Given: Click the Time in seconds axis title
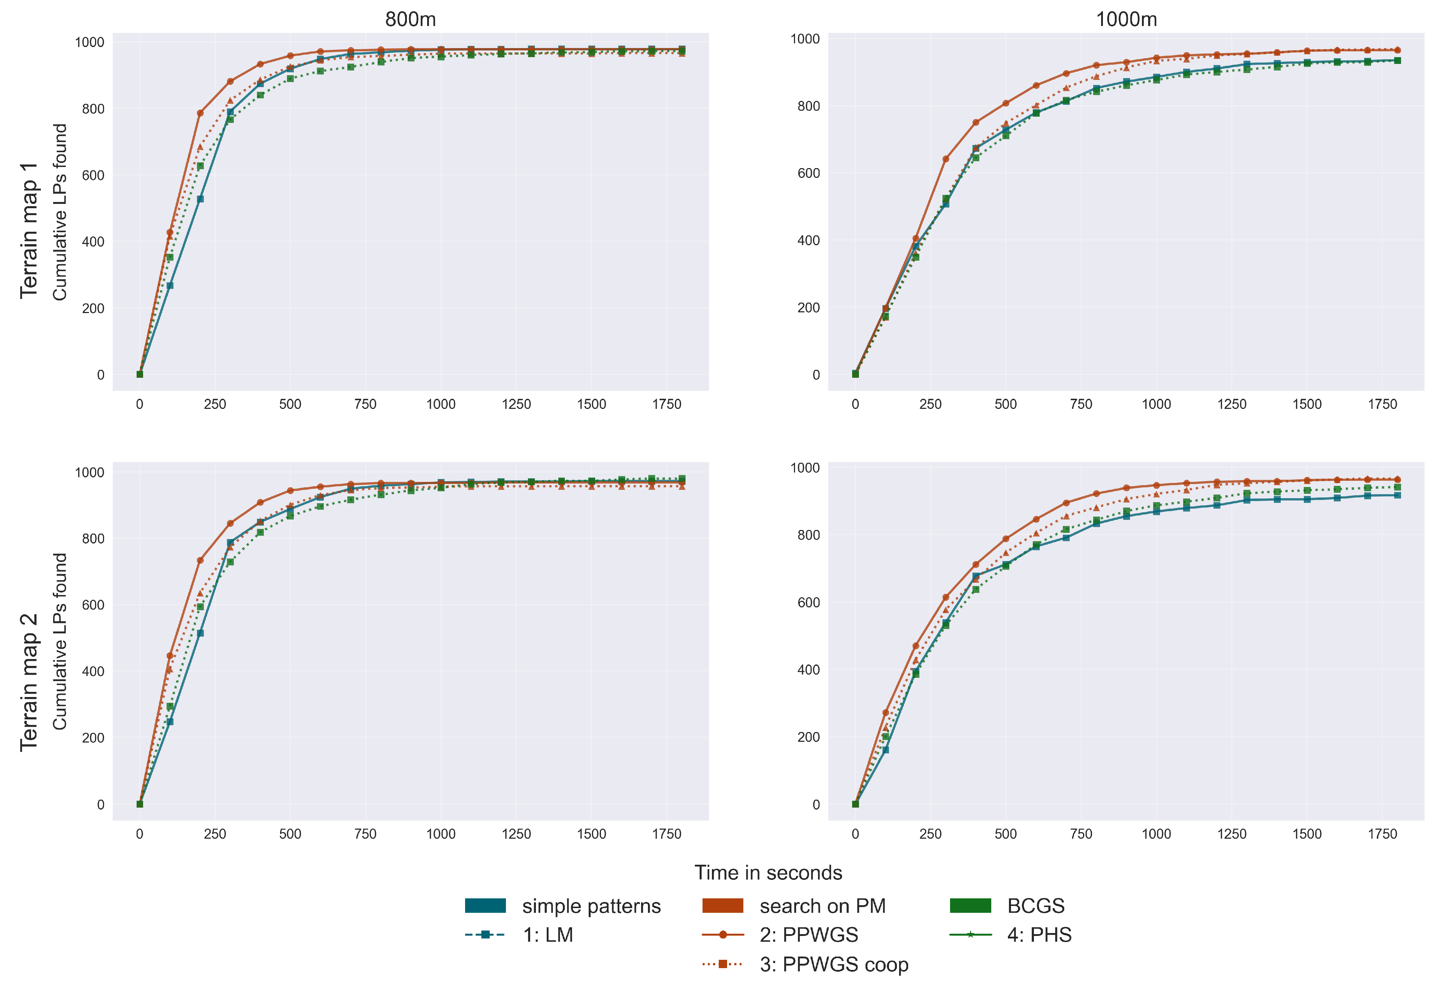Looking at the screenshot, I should [768, 873].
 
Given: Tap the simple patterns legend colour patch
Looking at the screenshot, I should [485, 906].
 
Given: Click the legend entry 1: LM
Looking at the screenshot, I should [547, 935].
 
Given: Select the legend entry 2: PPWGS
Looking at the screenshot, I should [809, 935].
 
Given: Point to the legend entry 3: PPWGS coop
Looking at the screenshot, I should [833, 965].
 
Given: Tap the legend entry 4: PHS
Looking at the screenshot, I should [1039, 935].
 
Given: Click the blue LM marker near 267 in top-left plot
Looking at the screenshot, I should [169, 286].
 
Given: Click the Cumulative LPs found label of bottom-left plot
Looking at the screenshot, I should [59, 641].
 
